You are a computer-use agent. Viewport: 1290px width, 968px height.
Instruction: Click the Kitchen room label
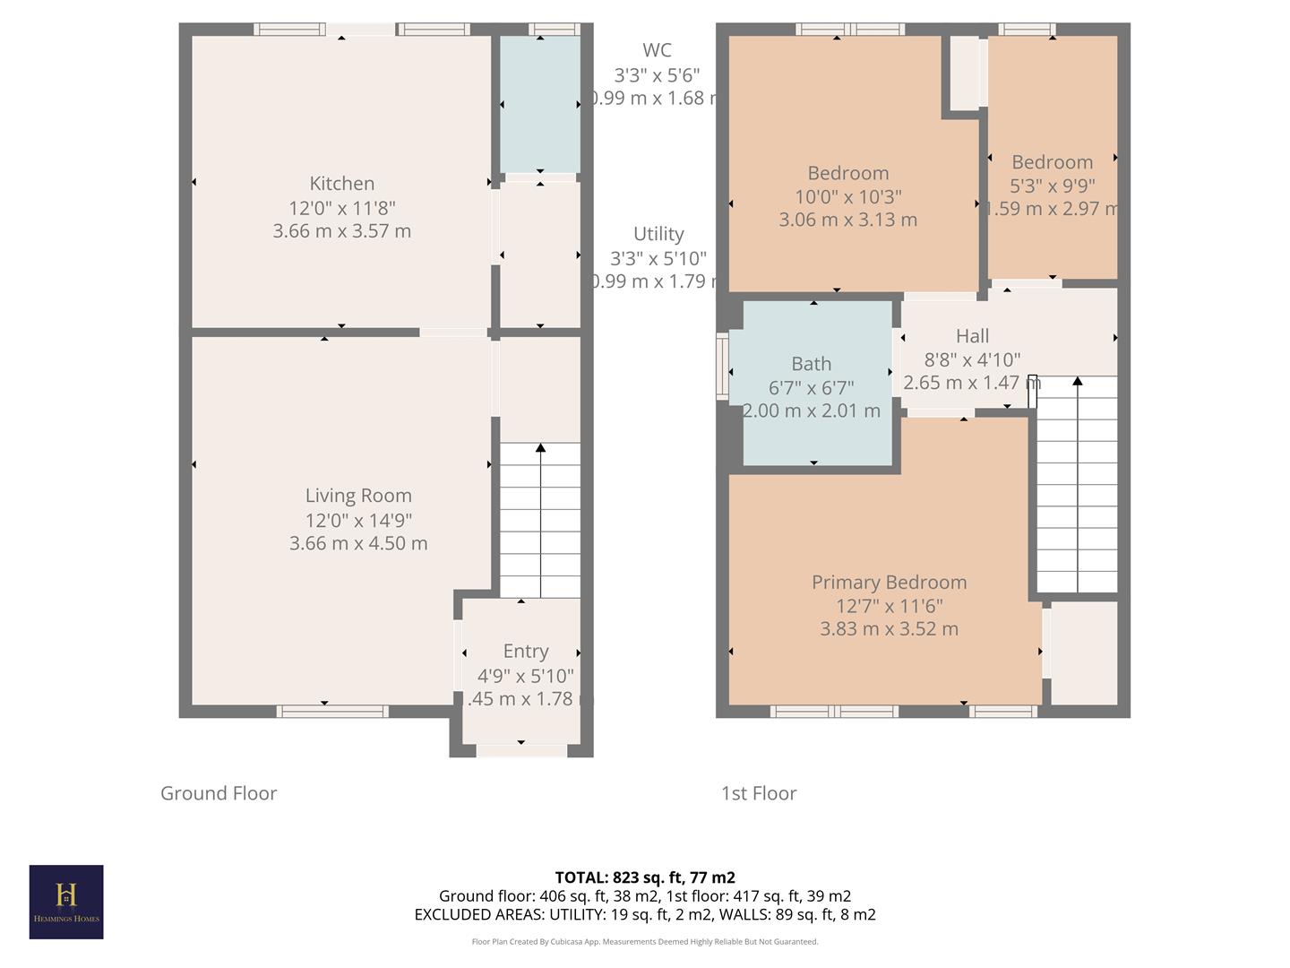tap(341, 184)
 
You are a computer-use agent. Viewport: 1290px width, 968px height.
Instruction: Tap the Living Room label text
tap(358, 496)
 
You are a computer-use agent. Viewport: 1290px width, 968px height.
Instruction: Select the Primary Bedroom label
tap(889, 583)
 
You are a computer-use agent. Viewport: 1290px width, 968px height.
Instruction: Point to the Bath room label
tap(811, 364)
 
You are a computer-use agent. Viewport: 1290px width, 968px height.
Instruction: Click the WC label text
tap(657, 51)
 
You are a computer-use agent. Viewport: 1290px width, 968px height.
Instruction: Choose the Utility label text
tap(658, 234)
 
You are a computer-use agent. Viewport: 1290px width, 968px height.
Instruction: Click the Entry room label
tap(525, 652)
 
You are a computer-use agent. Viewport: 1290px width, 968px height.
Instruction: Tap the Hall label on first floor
tap(972, 336)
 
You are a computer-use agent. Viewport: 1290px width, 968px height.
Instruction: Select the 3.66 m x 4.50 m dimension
tap(358, 543)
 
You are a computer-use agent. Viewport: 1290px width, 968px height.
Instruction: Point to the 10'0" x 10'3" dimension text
tap(847, 196)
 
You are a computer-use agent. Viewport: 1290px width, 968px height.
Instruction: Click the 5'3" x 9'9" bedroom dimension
tap(1052, 186)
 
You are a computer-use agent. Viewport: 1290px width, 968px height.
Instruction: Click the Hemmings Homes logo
tap(66, 902)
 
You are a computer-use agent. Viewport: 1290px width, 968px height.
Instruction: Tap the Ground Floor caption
tap(219, 793)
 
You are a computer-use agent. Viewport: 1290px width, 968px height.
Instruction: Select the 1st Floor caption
tap(759, 793)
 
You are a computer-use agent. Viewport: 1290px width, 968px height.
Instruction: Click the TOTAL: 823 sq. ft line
tap(645, 877)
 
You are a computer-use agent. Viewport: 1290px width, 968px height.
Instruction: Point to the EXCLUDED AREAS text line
tap(645, 915)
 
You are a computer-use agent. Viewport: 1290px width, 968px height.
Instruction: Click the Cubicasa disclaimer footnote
tap(645, 942)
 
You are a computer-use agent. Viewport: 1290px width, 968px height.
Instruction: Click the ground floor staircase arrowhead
tap(540, 448)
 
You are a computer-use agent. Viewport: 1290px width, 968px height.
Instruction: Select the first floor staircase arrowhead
tap(1077, 382)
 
